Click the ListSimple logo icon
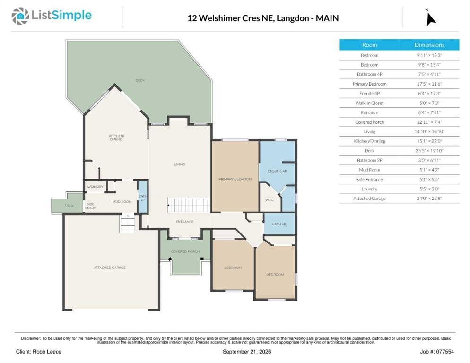coord(20,16)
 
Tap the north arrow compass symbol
coord(431,18)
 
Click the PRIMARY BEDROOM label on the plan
coord(235,179)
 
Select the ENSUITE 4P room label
coord(277,171)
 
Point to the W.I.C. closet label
coord(269,199)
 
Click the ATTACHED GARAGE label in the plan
coord(109,268)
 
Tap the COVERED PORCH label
coord(185,251)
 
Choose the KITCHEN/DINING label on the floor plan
coord(116,138)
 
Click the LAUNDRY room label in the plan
coord(96,186)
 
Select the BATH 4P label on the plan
coord(279,224)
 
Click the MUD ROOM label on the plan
coord(122,201)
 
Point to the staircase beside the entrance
coord(189,205)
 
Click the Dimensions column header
coord(429,45)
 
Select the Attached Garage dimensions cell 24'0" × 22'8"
coord(429,199)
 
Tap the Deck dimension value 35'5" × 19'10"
coord(429,151)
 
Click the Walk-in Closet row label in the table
coord(369,103)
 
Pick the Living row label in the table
coord(369,131)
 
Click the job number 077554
coord(445,352)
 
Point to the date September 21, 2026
coord(247,352)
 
